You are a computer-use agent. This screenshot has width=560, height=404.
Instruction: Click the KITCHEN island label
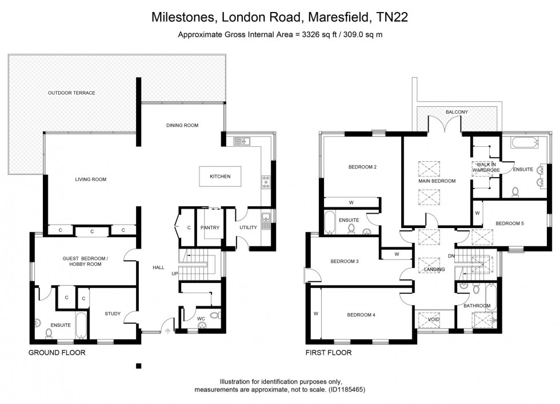click(220, 177)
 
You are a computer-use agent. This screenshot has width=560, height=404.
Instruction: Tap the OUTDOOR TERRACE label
click(71, 93)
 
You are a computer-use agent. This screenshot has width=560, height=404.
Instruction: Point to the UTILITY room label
click(249, 227)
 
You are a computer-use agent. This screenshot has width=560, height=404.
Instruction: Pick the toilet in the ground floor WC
click(214, 315)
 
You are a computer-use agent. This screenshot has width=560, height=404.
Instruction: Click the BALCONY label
click(457, 112)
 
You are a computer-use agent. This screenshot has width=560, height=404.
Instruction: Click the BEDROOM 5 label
click(509, 223)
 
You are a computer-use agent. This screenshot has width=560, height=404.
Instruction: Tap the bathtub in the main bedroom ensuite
click(524, 142)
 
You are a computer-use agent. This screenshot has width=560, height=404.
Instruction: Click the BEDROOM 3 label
click(345, 262)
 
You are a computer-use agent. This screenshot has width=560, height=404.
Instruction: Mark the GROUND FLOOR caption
click(57, 353)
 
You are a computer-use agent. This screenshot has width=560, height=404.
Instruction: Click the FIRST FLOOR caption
click(328, 353)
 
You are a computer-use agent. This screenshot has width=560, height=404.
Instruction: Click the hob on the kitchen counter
click(266, 182)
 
